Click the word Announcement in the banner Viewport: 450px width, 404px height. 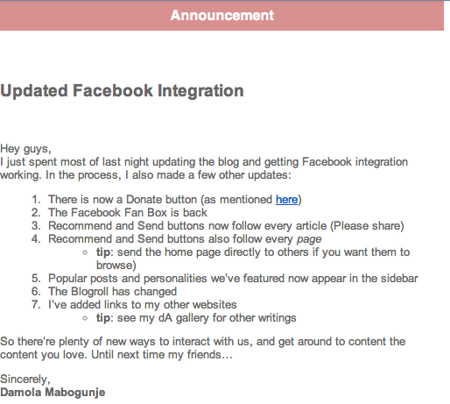click(222, 15)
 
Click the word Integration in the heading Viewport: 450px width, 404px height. click(200, 91)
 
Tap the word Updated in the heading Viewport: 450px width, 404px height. click(34, 91)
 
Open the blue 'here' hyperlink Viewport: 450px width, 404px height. click(286, 200)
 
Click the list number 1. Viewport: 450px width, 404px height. click(36, 200)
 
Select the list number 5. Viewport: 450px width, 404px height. click(36, 279)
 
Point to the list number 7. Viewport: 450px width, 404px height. click(36, 305)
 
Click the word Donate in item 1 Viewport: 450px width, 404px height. click(144, 200)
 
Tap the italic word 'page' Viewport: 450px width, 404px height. click(309, 240)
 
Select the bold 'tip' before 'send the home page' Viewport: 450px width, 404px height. click(103, 252)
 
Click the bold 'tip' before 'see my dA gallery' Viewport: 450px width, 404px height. click(103, 318)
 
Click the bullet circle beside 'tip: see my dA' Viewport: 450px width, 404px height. click(85, 318)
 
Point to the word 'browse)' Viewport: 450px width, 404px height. click(116, 266)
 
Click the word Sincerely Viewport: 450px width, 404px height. click(25, 379)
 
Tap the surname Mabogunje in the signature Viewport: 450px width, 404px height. click(75, 393)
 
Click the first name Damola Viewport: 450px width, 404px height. click(21, 393)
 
